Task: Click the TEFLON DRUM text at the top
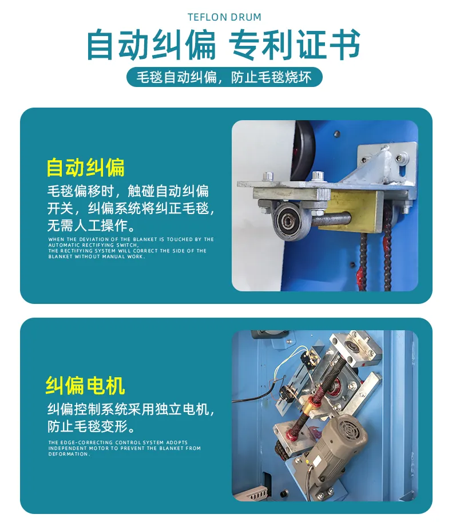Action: (x=224, y=17)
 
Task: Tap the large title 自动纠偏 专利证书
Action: (x=224, y=45)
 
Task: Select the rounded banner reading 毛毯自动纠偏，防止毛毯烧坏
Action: (x=224, y=77)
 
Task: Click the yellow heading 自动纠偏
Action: (x=85, y=167)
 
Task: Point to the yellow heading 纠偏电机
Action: (x=85, y=386)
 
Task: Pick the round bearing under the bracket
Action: (x=286, y=220)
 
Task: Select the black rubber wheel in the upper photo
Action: (x=301, y=153)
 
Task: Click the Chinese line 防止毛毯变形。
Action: (x=92, y=427)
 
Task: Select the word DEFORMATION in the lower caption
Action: (x=69, y=454)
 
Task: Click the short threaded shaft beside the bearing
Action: (x=331, y=220)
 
